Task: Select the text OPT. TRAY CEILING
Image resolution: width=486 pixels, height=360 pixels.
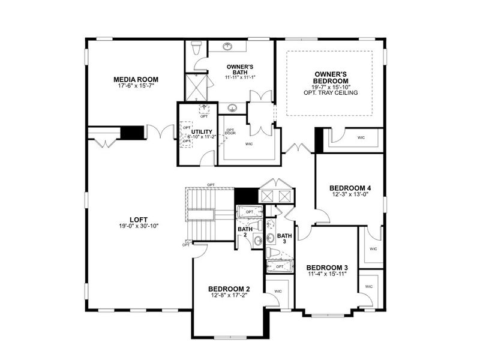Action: point(331,93)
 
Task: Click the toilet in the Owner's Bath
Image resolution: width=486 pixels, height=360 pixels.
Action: point(196,47)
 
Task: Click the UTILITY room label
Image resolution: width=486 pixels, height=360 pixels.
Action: point(202,131)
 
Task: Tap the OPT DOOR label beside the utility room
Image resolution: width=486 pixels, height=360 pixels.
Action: point(230,131)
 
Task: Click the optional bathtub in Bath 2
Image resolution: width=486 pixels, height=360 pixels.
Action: point(249,212)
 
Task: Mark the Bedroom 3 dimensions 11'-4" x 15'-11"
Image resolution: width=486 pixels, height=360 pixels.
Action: point(326,274)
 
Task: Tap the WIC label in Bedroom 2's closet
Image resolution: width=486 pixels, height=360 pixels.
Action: point(278,291)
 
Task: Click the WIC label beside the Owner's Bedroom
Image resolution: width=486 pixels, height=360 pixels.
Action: point(361,137)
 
